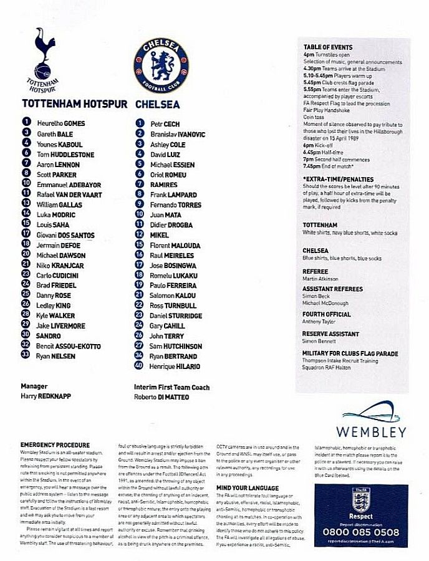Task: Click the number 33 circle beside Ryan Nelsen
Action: tap(26, 355)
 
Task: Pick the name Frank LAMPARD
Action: tap(173, 194)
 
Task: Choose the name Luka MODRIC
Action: tap(55, 214)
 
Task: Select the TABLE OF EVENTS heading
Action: tap(327, 47)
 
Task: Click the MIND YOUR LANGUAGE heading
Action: tap(247, 487)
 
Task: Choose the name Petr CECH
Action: tap(165, 124)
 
